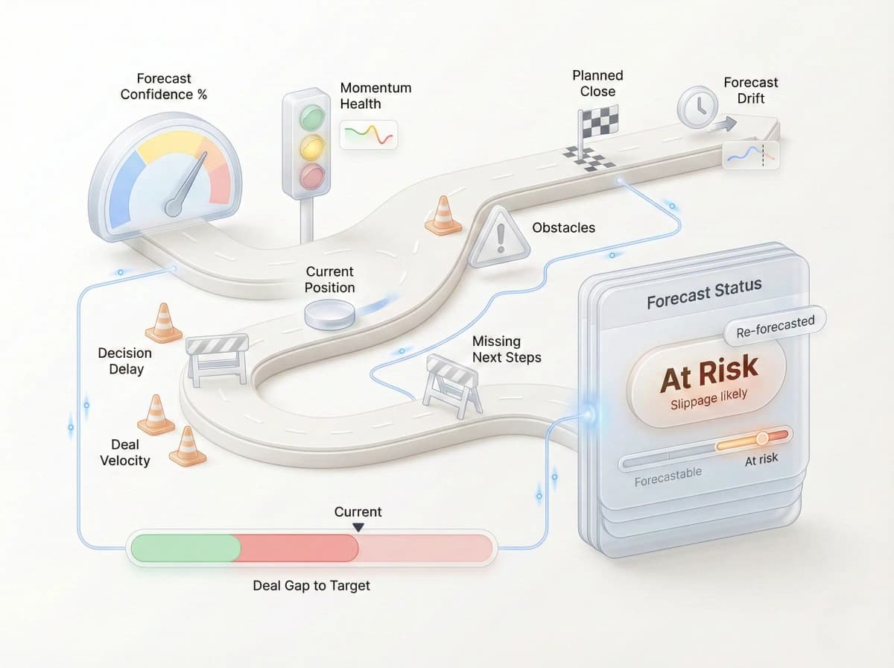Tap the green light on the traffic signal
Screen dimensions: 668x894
312,117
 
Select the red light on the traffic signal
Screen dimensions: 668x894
311,177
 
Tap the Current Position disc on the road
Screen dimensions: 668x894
329,313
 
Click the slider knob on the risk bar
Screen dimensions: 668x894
761,438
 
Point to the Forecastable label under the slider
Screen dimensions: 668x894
668,477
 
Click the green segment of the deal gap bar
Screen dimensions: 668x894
186,548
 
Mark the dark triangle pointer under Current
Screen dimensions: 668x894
358,527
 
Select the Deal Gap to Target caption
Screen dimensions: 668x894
311,585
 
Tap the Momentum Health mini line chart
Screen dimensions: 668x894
369,135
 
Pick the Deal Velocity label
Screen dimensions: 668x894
125,453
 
